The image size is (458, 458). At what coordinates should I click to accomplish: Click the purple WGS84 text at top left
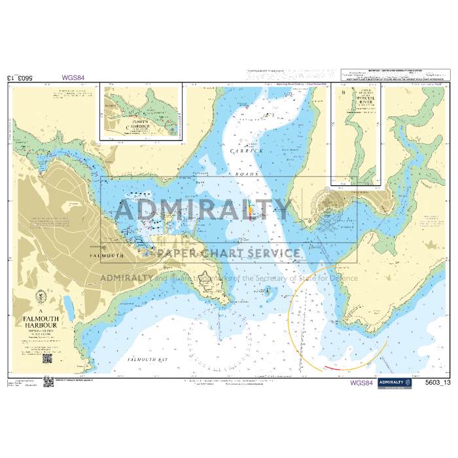pos(73,77)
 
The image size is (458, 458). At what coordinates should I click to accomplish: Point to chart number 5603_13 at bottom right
pos(438,383)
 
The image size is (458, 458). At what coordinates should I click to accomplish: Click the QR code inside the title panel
pos(46,359)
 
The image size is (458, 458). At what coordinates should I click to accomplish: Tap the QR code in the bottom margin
pos(48,381)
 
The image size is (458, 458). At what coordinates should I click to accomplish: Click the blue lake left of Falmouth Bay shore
pos(68,305)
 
